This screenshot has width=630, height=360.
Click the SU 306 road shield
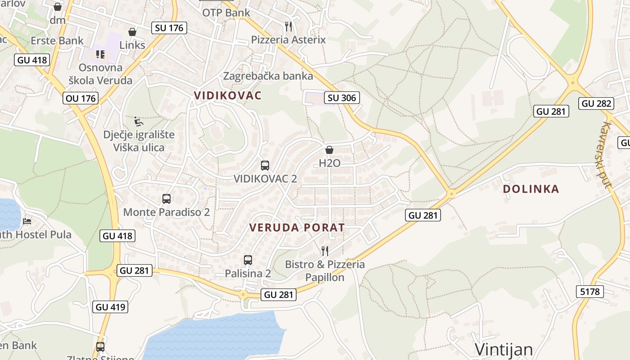pos(342,98)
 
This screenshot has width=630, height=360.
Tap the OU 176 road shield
pos(81,98)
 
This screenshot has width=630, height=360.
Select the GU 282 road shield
pos(597,103)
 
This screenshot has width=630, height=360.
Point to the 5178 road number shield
pos(589,292)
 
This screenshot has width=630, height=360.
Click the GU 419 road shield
pos(111,307)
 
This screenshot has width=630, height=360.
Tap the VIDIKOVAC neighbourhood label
pos(227,95)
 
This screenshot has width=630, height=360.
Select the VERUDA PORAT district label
pos(297,228)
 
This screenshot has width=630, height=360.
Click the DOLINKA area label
pos(531,189)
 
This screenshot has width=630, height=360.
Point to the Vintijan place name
pos(504,350)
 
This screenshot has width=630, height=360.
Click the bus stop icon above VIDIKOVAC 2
pos(265,165)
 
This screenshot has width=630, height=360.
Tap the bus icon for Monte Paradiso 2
pos(166,198)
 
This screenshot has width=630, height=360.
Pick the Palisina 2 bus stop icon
pos(248,260)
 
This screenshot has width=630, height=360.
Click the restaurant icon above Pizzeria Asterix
pos(288,27)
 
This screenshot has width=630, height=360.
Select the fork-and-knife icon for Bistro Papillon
pos(325,251)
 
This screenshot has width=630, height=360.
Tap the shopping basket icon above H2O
pos(329,150)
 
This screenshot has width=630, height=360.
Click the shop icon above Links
pos(132,32)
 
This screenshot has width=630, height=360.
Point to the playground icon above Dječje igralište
pos(139,121)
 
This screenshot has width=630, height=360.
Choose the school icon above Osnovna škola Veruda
pos(100,54)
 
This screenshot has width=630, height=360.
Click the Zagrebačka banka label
pos(268,76)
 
